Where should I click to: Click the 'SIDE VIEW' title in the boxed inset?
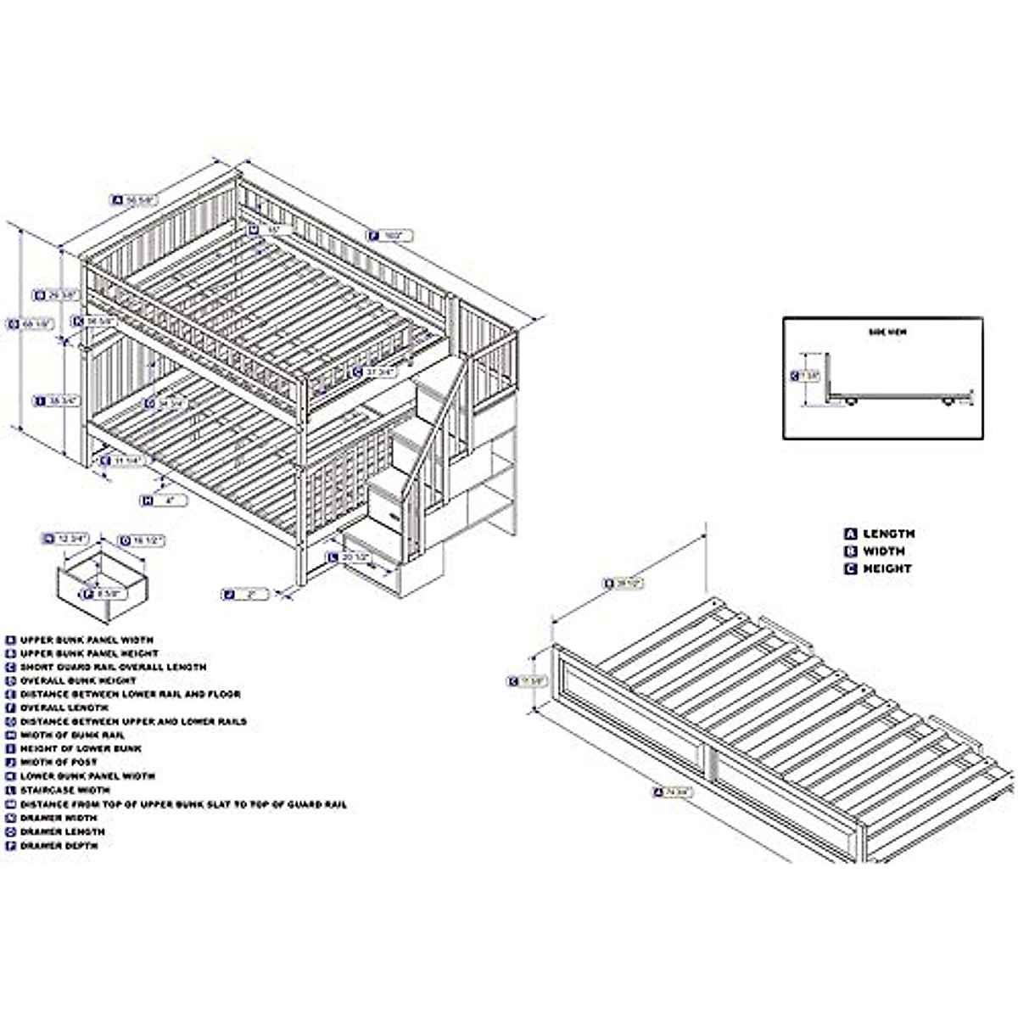[887, 333]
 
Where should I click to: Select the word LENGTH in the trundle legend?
[888, 534]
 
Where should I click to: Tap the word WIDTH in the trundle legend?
[884, 551]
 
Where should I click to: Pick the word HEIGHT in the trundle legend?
[887, 569]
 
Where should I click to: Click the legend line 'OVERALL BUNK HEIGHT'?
[78, 680]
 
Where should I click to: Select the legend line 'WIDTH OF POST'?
[59, 763]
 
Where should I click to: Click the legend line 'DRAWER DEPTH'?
[59, 846]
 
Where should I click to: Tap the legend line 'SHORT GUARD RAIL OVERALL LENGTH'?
[113, 667]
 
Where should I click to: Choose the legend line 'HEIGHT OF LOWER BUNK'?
[81, 749]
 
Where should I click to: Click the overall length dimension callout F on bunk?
[389, 236]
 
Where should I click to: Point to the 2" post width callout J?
[246, 595]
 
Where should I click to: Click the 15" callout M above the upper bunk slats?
[269, 230]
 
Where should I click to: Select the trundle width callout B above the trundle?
[624, 583]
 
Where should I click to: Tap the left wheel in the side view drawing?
[850, 404]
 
